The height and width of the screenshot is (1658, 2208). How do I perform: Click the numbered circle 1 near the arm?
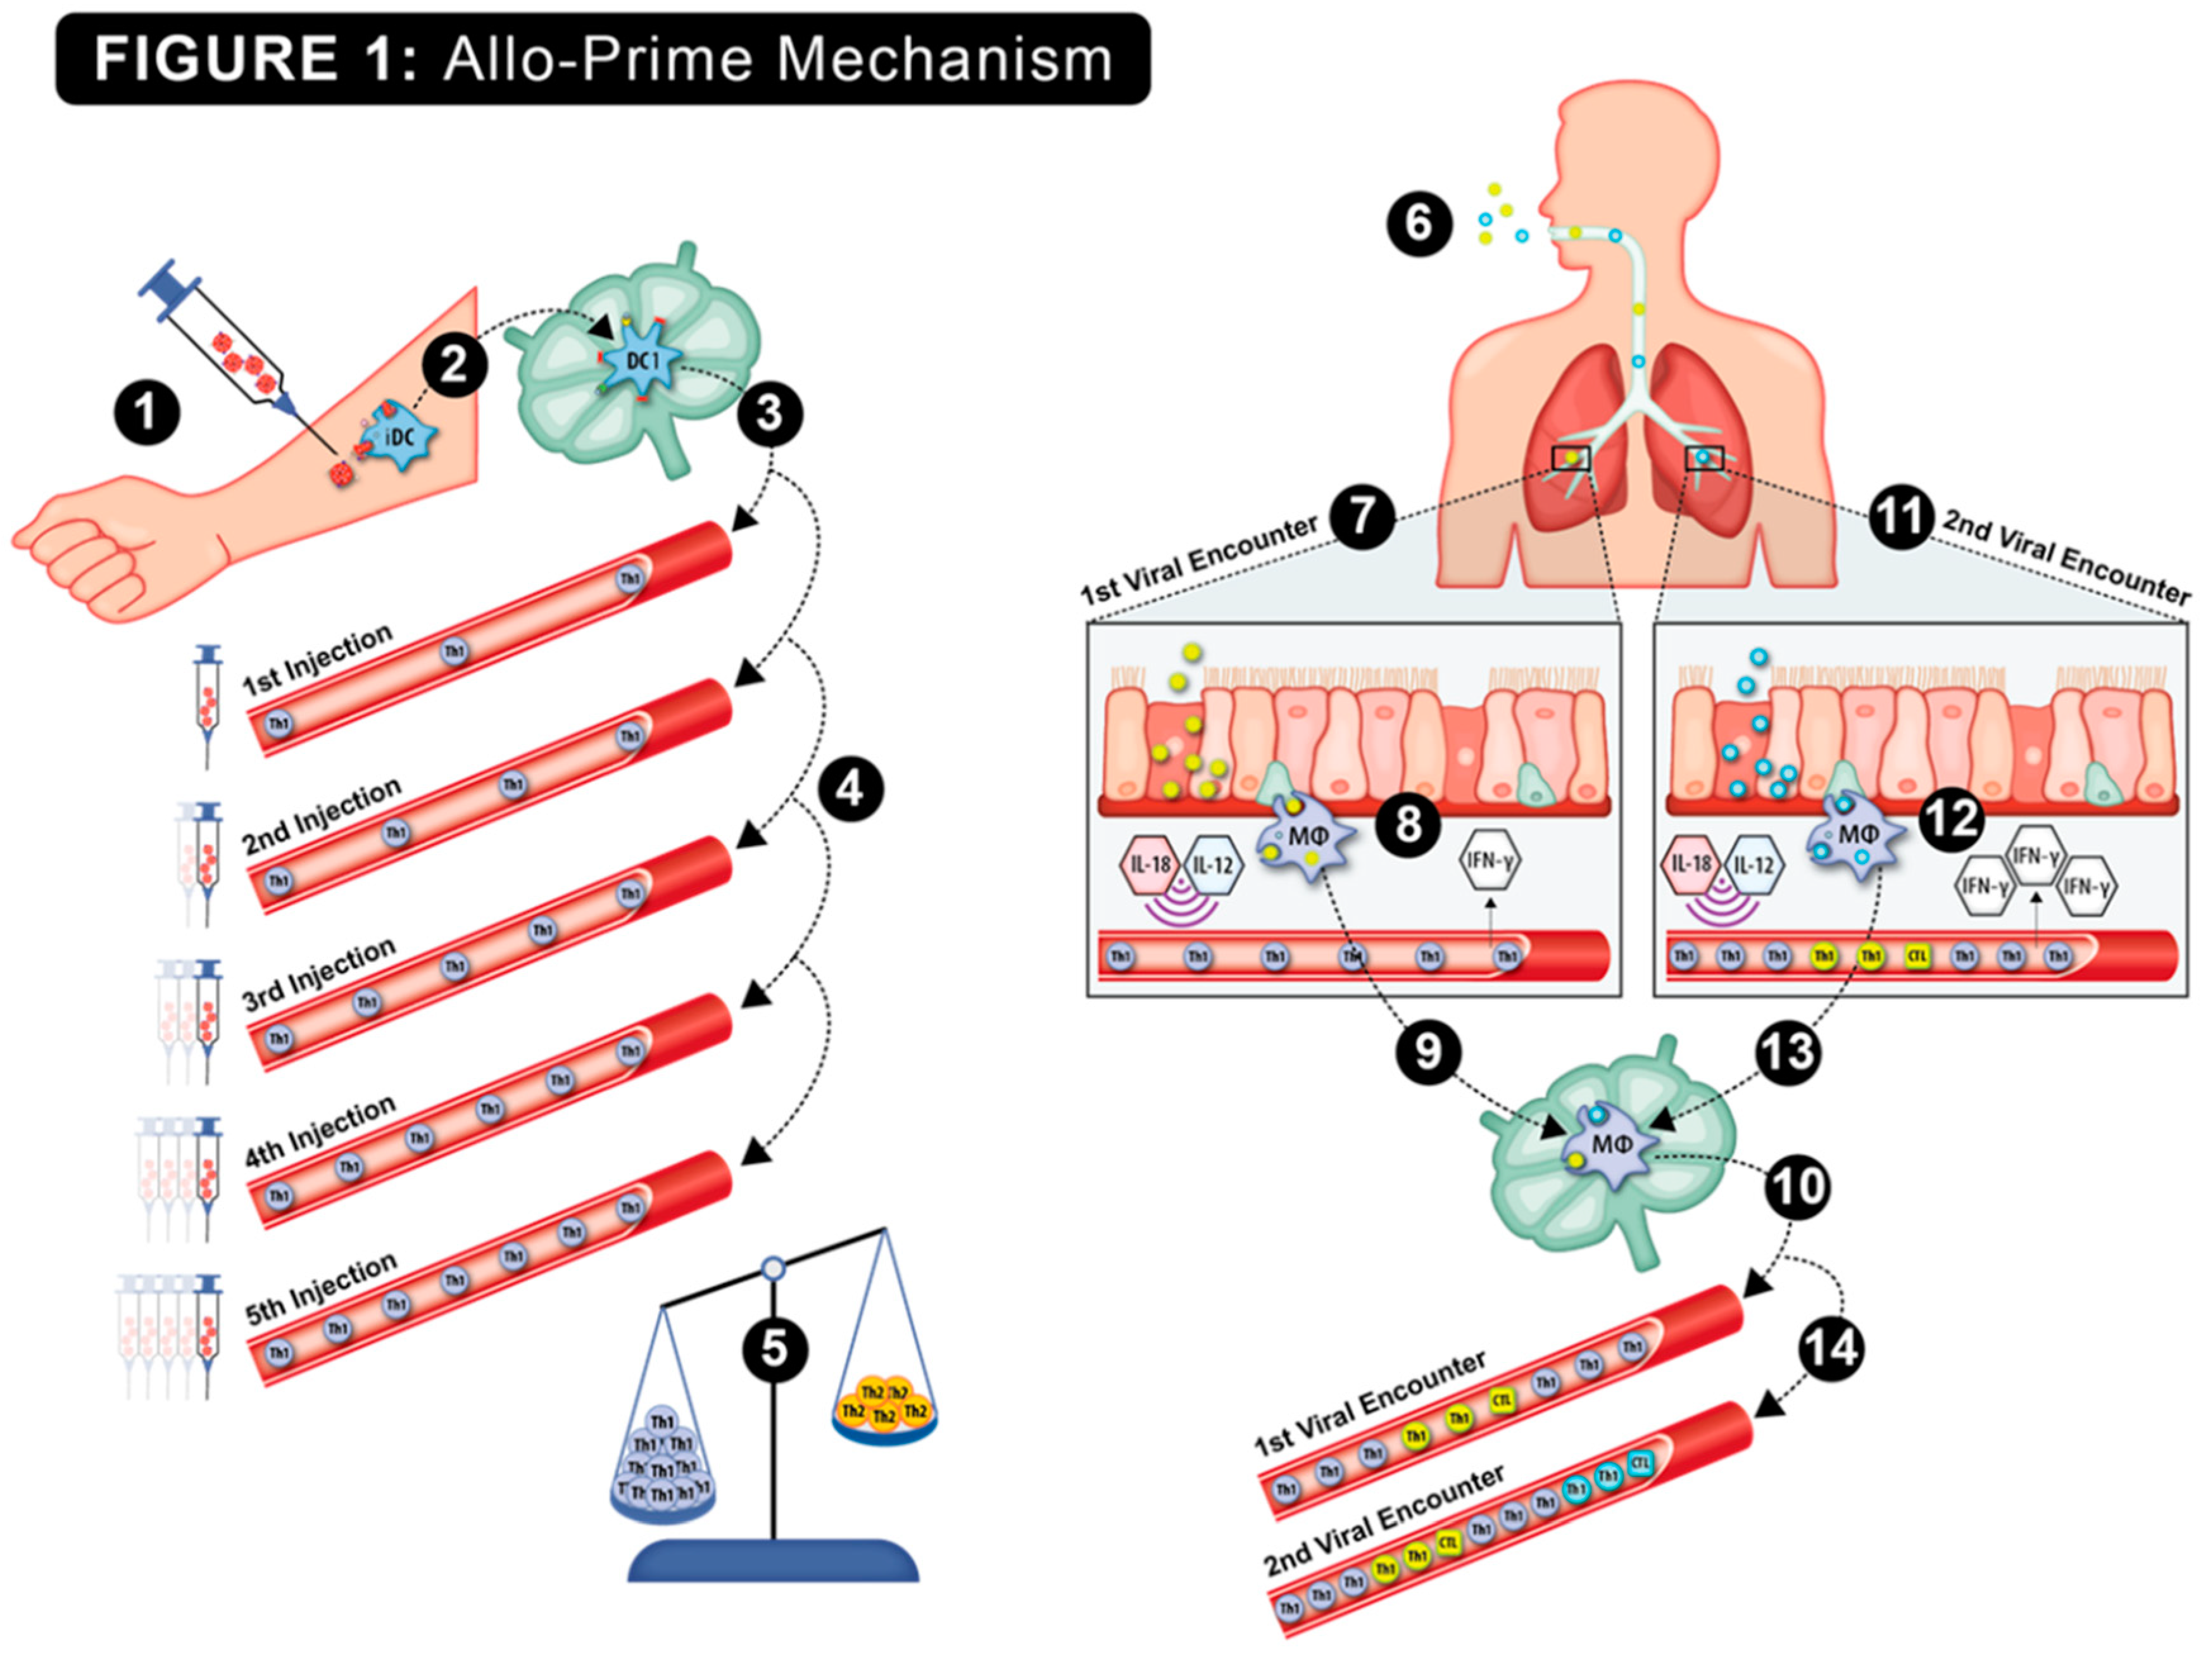coord(147,411)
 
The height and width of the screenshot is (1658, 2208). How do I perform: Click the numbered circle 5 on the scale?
coord(775,1350)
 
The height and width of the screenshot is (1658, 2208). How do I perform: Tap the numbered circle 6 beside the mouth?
coord(1419,223)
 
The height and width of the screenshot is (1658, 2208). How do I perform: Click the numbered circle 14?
coord(1832,1348)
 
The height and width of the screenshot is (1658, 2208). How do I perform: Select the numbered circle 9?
coord(1428,1051)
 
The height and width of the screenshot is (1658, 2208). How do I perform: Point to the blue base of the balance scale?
coord(774,1562)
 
